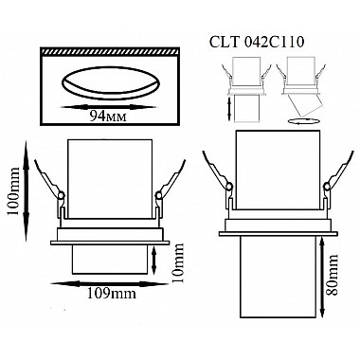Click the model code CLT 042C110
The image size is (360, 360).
pyautogui.click(x=257, y=43)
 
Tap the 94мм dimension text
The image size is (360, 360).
pyautogui.click(x=108, y=117)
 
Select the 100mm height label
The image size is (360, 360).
pyautogui.click(x=13, y=191)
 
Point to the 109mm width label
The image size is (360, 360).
pyautogui.click(x=112, y=294)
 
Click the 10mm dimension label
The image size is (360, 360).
pyautogui.click(x=178, y=262)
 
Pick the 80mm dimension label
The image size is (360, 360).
pyautogui.click(x=333, y=274)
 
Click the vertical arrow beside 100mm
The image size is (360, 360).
pyautogui.click(x=27, y=191)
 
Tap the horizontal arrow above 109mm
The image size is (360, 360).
pyautogui.click(x=110, y=283)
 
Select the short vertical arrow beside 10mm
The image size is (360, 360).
pyautogui.click(x=154, y=261)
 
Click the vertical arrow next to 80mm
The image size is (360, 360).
pyautogui.click(x=322, y=278)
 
